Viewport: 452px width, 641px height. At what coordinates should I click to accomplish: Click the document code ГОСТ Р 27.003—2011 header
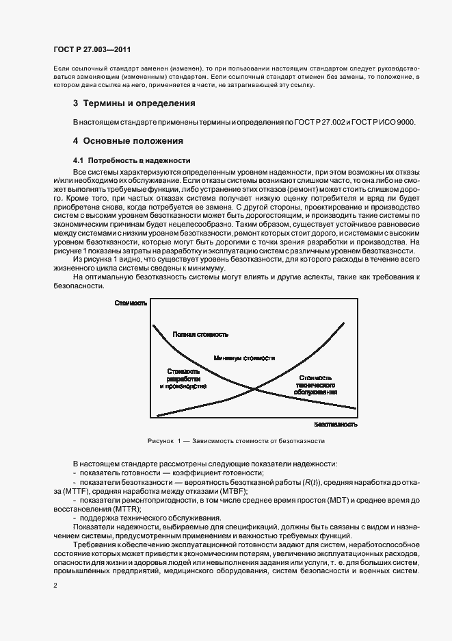click(x=92, y=50)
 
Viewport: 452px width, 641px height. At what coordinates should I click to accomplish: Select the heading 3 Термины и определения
click(x=134, y=103)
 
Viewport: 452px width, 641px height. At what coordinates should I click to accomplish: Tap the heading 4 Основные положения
click(x=128, y=141)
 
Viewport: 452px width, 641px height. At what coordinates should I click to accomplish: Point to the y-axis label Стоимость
click(x=131, y=303)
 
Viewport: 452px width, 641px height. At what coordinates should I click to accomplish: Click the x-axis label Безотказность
click(x=336, y=424)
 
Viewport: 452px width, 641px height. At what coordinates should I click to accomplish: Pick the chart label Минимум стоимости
click(x=244, y=357)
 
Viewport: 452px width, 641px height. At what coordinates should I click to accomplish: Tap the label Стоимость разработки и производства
click(x=183, y=378)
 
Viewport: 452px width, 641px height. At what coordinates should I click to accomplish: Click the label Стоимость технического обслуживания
click(x=316, y=385)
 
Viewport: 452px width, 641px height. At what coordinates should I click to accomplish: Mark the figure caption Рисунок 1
click(x=235, y=441)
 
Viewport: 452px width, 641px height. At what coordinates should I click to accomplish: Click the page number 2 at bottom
click(x=55, y=586)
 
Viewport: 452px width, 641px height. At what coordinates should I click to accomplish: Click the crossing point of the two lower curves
click(x=255, y=390)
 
